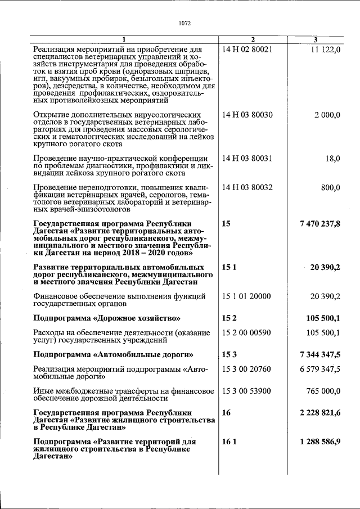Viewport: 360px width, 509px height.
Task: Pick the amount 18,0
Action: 333,159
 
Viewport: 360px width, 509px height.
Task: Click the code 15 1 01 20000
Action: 246,296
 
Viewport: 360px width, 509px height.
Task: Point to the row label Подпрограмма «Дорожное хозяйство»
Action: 107,318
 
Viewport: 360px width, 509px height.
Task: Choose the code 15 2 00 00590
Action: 246,332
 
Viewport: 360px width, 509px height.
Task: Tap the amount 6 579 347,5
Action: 320,369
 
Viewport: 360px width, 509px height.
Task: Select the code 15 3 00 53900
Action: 246,391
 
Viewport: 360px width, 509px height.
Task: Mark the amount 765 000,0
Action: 323,391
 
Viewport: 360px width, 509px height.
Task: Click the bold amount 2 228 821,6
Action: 320,413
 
